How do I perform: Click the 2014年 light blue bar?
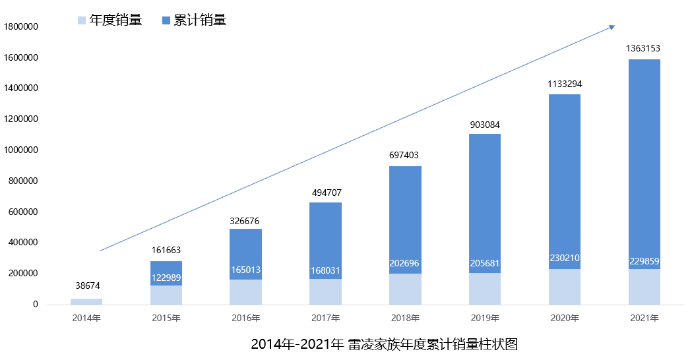(86, 301)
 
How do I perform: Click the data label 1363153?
(643, 48)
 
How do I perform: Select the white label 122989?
(166, 278)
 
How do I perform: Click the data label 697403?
(404, 155)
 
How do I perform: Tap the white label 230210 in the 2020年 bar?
(564, 258)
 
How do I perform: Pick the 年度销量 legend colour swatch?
(82, 20)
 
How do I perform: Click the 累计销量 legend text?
(200, 20)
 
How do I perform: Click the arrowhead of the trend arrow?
(611, 27)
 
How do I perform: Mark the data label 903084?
(484, 125)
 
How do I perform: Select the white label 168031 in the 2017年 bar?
(325, 271)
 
